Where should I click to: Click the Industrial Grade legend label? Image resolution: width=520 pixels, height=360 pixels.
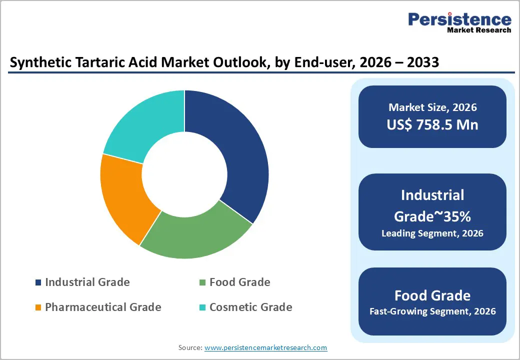coord(87,282)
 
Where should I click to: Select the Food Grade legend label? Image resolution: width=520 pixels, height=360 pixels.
coord(239,282)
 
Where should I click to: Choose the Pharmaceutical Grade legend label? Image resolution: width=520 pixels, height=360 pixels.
coord(103,307)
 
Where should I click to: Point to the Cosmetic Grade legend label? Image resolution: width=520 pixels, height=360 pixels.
coord(250,307)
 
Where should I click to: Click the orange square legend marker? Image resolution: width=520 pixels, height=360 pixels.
coord(38,307)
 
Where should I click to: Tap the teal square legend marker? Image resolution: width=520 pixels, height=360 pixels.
coord(202,307)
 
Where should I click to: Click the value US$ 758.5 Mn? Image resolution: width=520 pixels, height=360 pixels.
coord(432,124)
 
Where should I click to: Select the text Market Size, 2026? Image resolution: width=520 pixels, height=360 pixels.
coord(432,107)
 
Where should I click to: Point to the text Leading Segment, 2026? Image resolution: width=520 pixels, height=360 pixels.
coord(432,233)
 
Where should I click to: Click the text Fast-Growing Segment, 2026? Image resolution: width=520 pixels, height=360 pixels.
coord(432,311)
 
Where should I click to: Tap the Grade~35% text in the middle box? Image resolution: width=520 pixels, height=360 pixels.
coord(432,216)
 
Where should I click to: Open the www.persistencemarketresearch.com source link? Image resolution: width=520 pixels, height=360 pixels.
coord(265,347)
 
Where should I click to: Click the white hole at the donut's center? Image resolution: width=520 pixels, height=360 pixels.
coord(184,174)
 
